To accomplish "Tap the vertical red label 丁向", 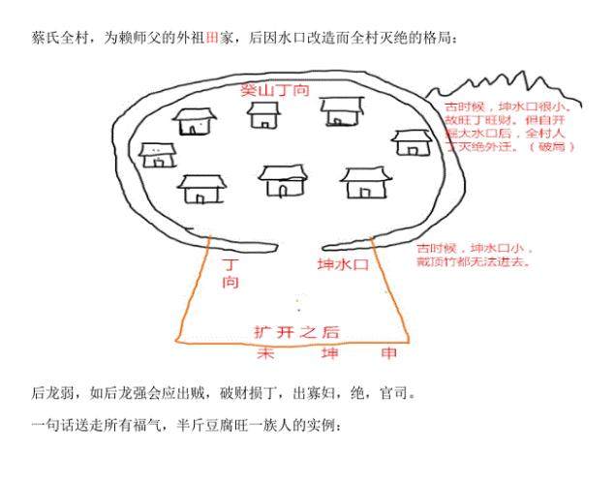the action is [231, 272].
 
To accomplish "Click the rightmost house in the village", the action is [412, 142].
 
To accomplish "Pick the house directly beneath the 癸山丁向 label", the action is [262, 115].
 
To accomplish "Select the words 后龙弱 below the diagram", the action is [53, 394].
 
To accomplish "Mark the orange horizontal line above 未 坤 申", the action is [291, 342].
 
